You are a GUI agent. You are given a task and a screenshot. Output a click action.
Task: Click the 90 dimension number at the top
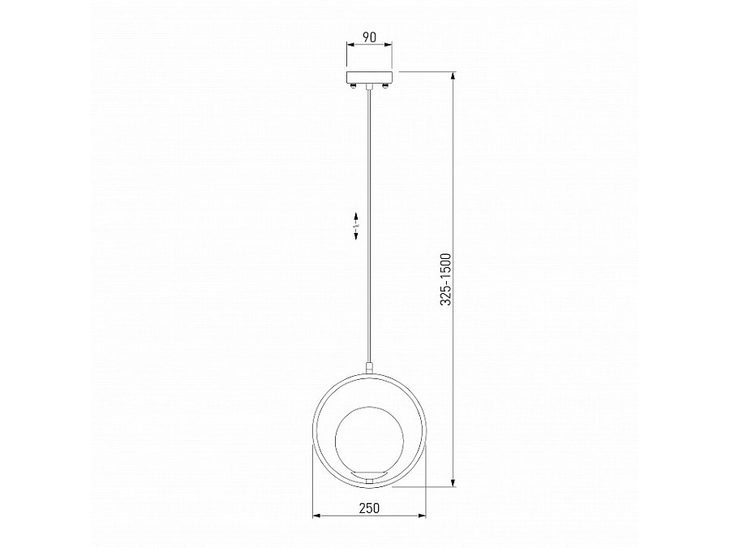tap(369, 37)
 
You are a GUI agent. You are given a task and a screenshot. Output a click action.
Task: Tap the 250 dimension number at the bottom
tap(369, 507)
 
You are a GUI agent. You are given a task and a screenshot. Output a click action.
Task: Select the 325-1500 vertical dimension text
tap(446, 279)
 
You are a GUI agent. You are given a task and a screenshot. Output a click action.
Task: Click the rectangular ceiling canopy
tap(369, 77)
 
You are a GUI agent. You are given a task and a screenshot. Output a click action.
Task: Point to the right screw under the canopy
tap(385, 85)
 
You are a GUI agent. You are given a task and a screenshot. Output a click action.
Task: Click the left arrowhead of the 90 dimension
tap(350, 45)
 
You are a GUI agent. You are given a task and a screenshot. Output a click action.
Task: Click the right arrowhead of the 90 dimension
tap(388, 45)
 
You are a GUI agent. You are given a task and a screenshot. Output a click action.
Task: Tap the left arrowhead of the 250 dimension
tap(316, 516)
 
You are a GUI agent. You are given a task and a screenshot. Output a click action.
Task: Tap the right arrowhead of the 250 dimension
tap(422, 516)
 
